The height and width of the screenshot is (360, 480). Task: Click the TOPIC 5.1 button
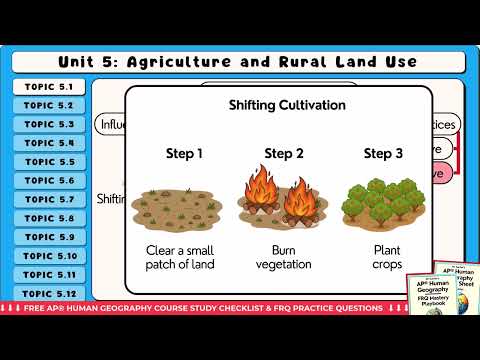(x=50, y=87)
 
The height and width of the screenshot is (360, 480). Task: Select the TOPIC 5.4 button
(x=50, y=143)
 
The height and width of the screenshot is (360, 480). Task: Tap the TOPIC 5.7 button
(x=50, y=199)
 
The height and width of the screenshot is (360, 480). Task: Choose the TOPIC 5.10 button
(x=50, y=256)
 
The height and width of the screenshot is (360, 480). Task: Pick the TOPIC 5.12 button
(x=50, y=293)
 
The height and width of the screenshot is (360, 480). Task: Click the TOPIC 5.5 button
(x=50, y=162)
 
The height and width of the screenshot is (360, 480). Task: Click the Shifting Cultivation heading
(x=274, y=105)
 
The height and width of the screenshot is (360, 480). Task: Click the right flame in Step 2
(x=297, y=198)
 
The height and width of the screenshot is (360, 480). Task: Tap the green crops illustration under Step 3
(x=380, y=200)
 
